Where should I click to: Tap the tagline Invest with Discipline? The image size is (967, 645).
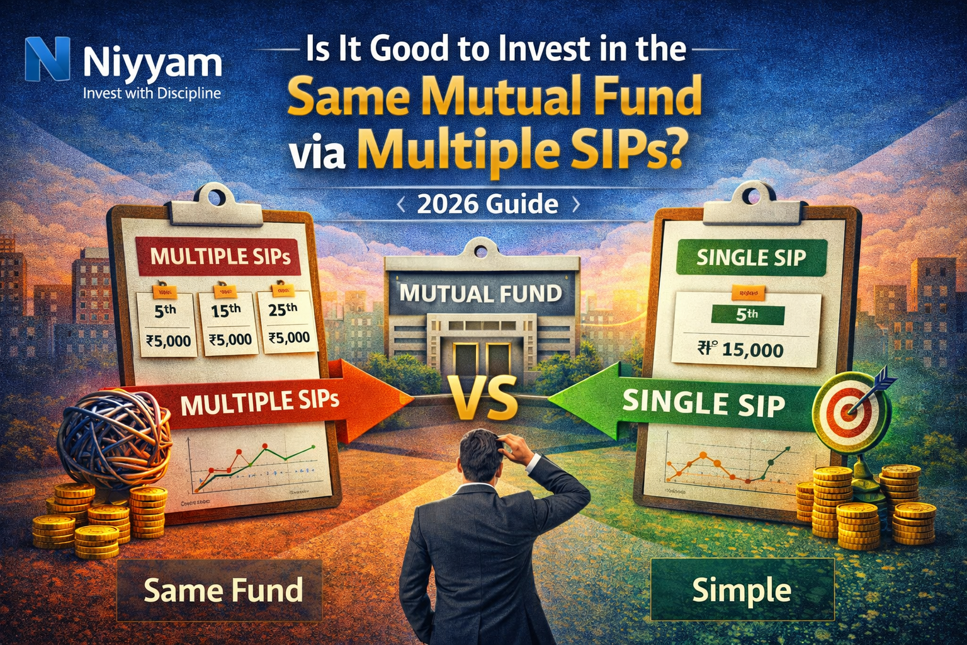[x=152, y=94]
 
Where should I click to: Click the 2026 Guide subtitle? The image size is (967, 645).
[x=487, y=205]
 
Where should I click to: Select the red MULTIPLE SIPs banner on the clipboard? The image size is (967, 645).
[x=220, y=256]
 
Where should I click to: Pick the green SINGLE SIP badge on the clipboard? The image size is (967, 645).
[x=750, y=257]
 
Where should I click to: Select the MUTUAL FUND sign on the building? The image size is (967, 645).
[x=481, y=294]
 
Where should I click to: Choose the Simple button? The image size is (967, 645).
[x=742, y=590]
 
